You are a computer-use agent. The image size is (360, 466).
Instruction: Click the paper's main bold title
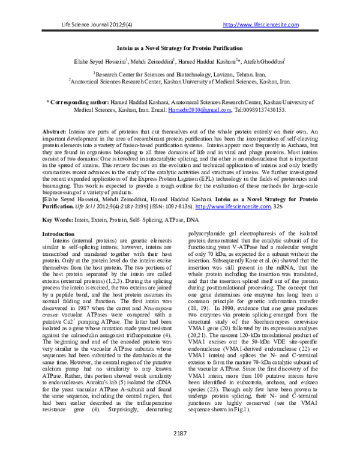pos(180,47)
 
